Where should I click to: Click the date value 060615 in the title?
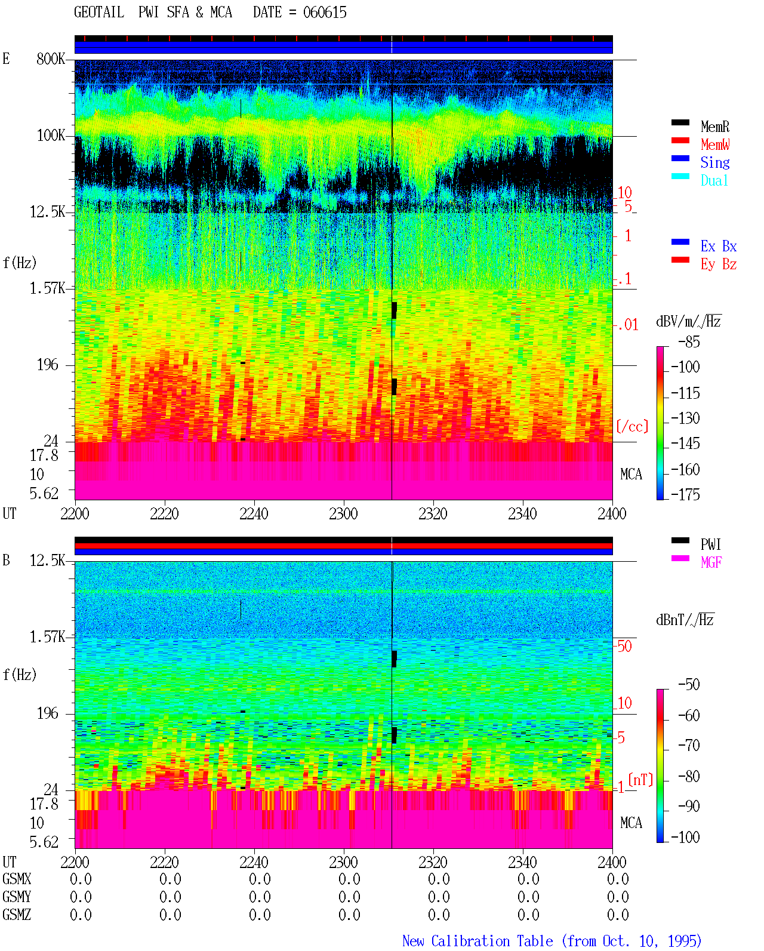pyautogui.click(x=325, y=13)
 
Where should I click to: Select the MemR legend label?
pyautogui.click(x=715, y=127)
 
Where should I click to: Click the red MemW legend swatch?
pyautogui.click(x=680, y=140)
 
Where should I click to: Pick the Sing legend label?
pyautogui.click(x=715, y=162)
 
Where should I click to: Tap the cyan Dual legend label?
pyautogui.click(x=714, y=180)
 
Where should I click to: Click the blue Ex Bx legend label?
pyautogui.click(x=719, y=246)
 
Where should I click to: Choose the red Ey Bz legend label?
pyautogui.click(x=719, y=264)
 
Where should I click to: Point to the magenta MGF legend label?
pyautogui.click(x=711, y=562)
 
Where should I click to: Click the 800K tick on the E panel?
pyautogui.click(x=51, y=59)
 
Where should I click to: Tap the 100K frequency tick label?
pyautogui.click(x=51, y=136)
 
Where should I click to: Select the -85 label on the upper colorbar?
pyautogui.click(x=689, y=341)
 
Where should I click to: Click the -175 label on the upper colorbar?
pyautogui.click(x=685, y=494)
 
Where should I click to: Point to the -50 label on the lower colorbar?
pyautogui.click(x=689, y=685)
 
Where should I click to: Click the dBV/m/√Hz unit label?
pyautogui.click(x=688, y=321)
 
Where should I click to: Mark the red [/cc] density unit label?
pyautogui.click(x=632, y=426)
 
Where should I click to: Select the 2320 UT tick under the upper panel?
pyautogui.click(x=433, y=514)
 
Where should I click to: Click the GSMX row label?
pyautogui.click(x=17, y=879)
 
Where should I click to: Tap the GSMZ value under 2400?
pyautogui.click(x=618, y=915)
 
